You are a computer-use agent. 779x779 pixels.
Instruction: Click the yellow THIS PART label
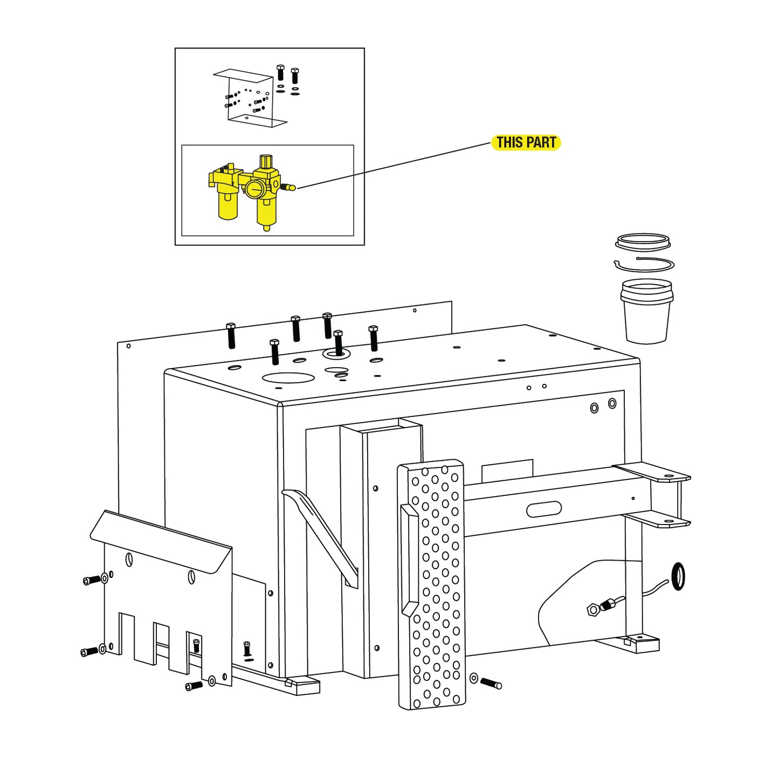[x=526, y=142]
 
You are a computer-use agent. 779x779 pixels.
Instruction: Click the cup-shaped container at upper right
[x=646, y=311]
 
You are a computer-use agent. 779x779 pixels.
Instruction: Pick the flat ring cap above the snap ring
[x=643, y=243]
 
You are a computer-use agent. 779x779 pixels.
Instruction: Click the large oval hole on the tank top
[x=288, y=377]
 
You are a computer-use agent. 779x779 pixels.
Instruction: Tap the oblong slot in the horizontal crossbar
[x=544, y=509]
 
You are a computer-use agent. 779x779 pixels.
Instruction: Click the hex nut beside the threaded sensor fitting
[x=593, y=609]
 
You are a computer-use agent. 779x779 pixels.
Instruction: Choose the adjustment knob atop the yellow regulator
[x=266, y=161]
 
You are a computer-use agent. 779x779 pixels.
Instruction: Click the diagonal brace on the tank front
[x=320, y=537]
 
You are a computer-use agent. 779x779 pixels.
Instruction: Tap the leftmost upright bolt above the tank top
[x=231, y=335]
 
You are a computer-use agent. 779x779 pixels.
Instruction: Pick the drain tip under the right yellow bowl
[x=266, y=227]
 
